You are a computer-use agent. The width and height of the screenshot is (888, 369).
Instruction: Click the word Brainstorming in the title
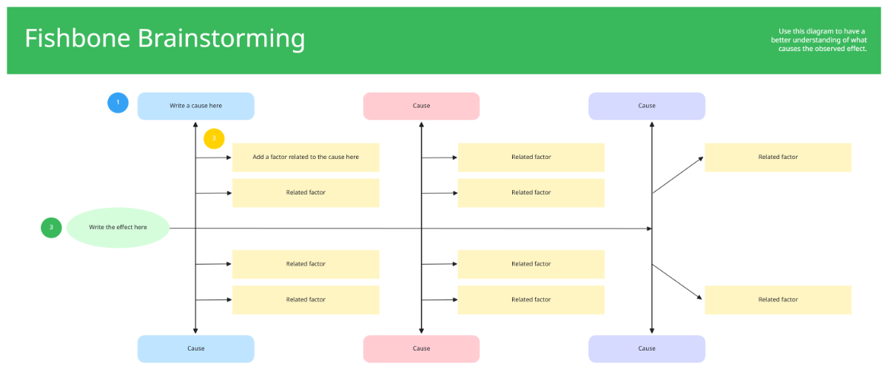coord(221,38)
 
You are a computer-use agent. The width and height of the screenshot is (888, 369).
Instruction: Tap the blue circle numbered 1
coord(118,102)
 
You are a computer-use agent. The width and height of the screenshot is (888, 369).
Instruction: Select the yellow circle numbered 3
coord(214,138)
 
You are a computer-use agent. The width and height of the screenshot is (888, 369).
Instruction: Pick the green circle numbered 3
coord(51,228)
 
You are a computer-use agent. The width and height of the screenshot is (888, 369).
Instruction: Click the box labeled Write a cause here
coord(195,106)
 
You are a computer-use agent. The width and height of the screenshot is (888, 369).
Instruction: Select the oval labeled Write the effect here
coord(118,228)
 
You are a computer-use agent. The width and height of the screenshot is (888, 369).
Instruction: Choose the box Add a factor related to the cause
coord(306,157)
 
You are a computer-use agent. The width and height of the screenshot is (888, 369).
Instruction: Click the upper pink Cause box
coord(421,106)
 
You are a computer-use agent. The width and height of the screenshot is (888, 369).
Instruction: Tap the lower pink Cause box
coord(421,348)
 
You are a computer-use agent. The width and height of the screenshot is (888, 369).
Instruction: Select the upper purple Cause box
coord(647,106)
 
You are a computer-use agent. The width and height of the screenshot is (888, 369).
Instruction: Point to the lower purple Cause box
coord(647,348)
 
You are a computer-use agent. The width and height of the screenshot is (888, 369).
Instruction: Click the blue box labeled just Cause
coord(195,348)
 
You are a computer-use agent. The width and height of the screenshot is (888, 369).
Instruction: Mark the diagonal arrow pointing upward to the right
coord(677,175)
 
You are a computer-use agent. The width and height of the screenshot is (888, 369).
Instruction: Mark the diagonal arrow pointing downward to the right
coord(677,282)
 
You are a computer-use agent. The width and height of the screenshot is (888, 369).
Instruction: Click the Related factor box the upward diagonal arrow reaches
coord(778,157)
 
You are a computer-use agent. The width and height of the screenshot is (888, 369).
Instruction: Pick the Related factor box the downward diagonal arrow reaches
coord(778,299)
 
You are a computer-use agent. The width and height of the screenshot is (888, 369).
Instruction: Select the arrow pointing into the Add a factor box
coord(214,157)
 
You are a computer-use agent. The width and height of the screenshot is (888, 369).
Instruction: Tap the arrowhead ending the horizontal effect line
coord(648,228)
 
